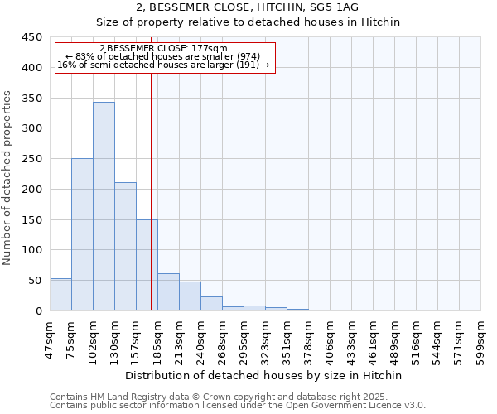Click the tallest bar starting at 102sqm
click(104, 207)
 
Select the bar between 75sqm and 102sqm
click(82, 235)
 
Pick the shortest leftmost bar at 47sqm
click(60, 295)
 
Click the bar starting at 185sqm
click(168, 292)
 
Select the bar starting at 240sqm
click(211, 304)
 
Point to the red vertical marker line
click(151, 190)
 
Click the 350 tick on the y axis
click(32, 98)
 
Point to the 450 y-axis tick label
click(32, 37)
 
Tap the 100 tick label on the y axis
click(32, 250)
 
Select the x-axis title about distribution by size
click(264, 375)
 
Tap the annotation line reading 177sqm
click(162, 49)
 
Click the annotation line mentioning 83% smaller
click(162, 56)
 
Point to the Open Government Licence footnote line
click(238, 406)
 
